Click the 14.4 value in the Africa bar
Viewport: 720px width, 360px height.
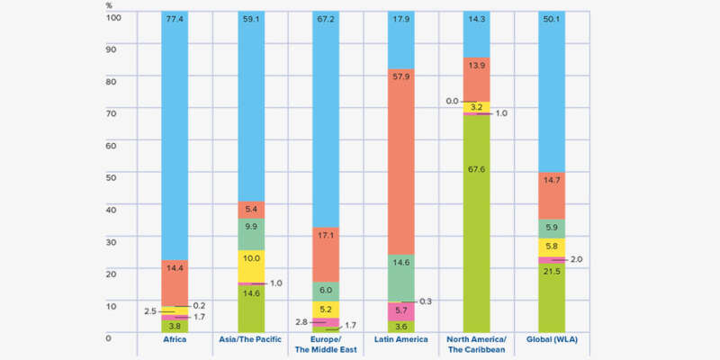tap(175, 267)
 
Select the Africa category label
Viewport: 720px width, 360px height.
tap(175, 339)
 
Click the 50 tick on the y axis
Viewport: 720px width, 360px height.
tap(111, 177)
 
